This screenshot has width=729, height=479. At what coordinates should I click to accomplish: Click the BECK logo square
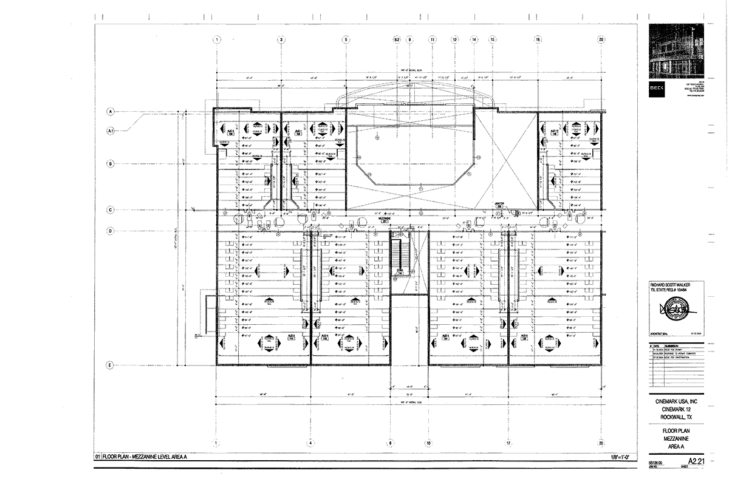[x=657, y=87]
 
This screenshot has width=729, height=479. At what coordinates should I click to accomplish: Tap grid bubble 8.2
[x=397, y=39]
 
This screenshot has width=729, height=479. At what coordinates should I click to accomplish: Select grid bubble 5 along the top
[x=346, y=39]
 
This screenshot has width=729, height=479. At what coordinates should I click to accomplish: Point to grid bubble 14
[x=474, y=39]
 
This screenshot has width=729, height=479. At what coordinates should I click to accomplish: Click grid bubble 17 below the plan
[x=508, y=443]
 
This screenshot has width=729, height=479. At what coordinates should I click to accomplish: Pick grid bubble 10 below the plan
[x=428, y=443]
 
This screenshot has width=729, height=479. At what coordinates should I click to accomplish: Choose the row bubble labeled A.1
[x=111, y=131]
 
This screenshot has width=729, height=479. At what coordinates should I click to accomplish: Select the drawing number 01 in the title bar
[x=97, y=457]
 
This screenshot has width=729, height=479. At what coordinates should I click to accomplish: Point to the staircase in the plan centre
[x=399, y=256]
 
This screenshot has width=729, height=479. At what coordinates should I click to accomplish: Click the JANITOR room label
[x=499, y=205]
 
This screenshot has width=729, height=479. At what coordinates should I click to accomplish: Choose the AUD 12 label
[x=554, y=132]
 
